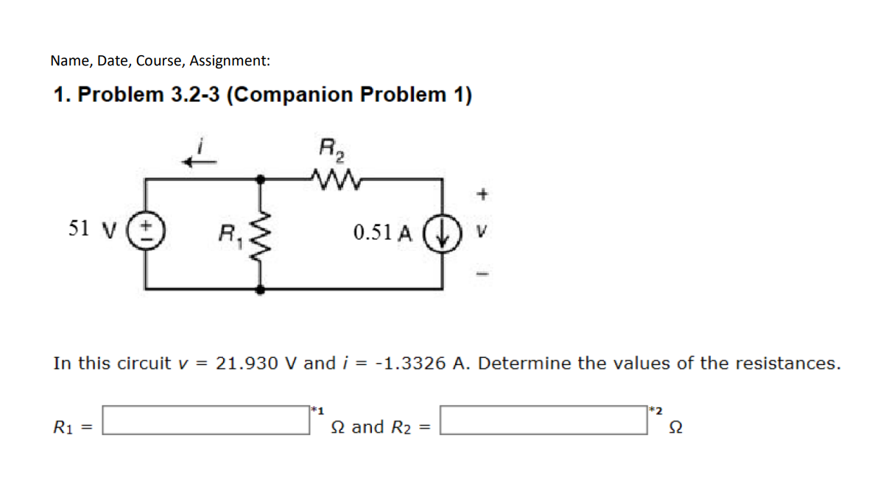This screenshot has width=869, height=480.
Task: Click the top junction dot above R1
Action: point(260,177)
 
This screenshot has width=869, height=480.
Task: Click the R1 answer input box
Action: point(205,421)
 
